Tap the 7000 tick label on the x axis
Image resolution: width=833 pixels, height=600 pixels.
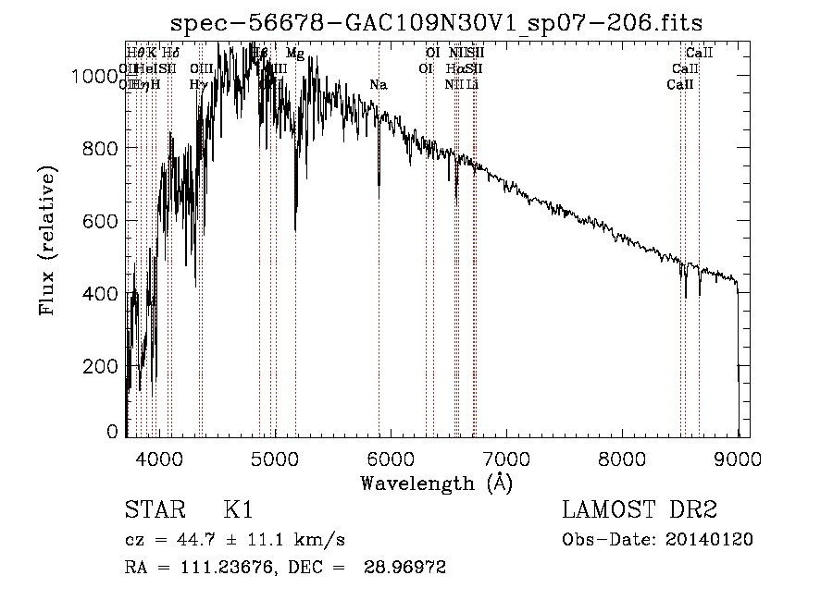(x=506, y=458)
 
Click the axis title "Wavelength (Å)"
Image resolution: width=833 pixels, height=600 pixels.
(x=436, y=484)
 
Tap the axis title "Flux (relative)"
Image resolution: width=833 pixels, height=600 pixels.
(x=48, y=240)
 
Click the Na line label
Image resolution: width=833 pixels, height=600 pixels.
(x=378, y=85)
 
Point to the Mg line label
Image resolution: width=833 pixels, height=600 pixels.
(x=294, y=54)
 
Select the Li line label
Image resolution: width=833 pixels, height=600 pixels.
(x=473, y=84)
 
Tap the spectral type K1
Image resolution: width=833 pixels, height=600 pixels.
(x=238, y=510)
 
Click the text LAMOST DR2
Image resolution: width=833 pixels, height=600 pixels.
(x=640, y=510)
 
